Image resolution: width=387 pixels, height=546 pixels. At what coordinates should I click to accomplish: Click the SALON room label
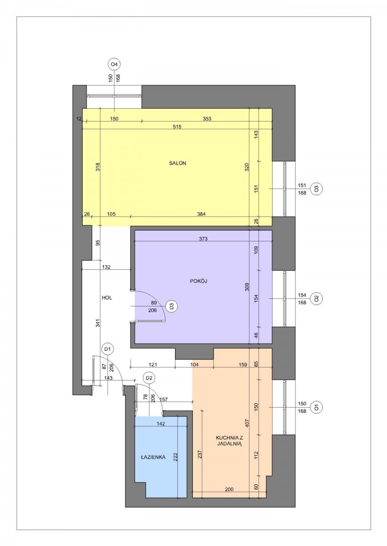pyautogui.click(x=177, y=163)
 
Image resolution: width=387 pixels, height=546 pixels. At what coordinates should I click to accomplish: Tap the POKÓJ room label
pyautogui.click(x=198, y=281)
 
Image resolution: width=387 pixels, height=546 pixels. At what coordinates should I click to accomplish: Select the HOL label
pyautogui.click(x=107, y=298)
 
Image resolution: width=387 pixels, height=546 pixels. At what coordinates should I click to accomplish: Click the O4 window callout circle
pyautogui.click(x=114, y=65)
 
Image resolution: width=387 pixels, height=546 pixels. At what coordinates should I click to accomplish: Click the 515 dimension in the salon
pyautogui.click(x=177, y=127)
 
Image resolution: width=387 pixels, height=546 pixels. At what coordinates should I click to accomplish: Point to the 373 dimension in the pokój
pyautogui.click(x=203, y=239)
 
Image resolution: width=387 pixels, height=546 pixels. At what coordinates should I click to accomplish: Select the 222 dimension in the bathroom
pyautogui.click(x=175, y=458)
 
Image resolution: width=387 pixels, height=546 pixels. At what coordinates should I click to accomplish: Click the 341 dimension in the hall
pyautogui.click(x=98, y=324)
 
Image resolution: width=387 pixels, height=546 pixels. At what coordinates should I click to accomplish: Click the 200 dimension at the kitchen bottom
pyautogui.click(x=229, y=489)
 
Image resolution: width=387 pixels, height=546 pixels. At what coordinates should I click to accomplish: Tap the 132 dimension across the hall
pyautogui.click(x=106, y=267)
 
